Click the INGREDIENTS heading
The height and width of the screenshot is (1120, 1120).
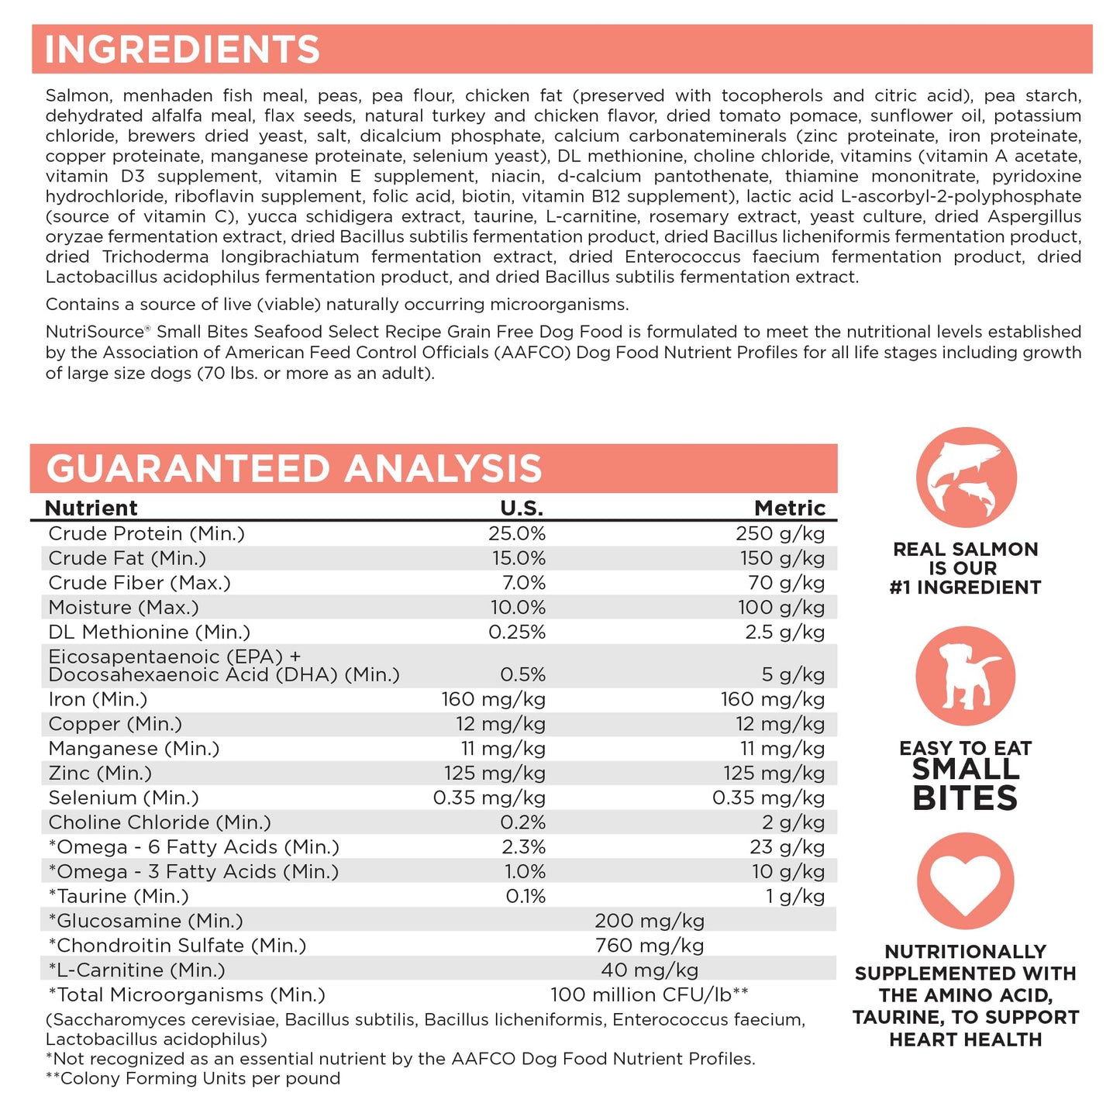click(182, 50)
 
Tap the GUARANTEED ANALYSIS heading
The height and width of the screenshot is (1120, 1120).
click(294, 469)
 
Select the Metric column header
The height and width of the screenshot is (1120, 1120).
click(790, 508)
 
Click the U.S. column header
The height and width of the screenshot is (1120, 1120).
click(522, 508)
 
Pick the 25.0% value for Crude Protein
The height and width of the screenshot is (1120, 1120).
click(516, 534)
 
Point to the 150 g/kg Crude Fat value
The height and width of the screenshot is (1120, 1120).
click(781, 558)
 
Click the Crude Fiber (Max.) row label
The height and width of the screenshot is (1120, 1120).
click(140, 583)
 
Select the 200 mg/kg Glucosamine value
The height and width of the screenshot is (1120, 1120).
click(650, 921)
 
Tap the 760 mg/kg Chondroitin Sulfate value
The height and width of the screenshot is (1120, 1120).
click(650, 946)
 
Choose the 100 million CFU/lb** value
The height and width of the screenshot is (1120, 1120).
click(650, 995)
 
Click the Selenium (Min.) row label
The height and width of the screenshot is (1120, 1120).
click(123, 798)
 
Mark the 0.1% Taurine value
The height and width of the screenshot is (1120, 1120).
click(526, 897)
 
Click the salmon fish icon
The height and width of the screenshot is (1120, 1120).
click(966, 477)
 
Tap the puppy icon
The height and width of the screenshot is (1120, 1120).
click(966, 676)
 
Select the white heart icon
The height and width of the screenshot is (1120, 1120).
click(966, 882)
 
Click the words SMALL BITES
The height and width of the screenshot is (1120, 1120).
click(965, 784)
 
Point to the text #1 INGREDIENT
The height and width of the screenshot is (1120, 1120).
click(965, 588)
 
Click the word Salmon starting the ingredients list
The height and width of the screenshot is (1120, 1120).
click(78, 96)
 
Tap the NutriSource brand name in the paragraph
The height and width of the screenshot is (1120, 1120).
click(94, 333)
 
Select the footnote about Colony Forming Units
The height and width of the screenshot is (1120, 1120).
click(193, 1079)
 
